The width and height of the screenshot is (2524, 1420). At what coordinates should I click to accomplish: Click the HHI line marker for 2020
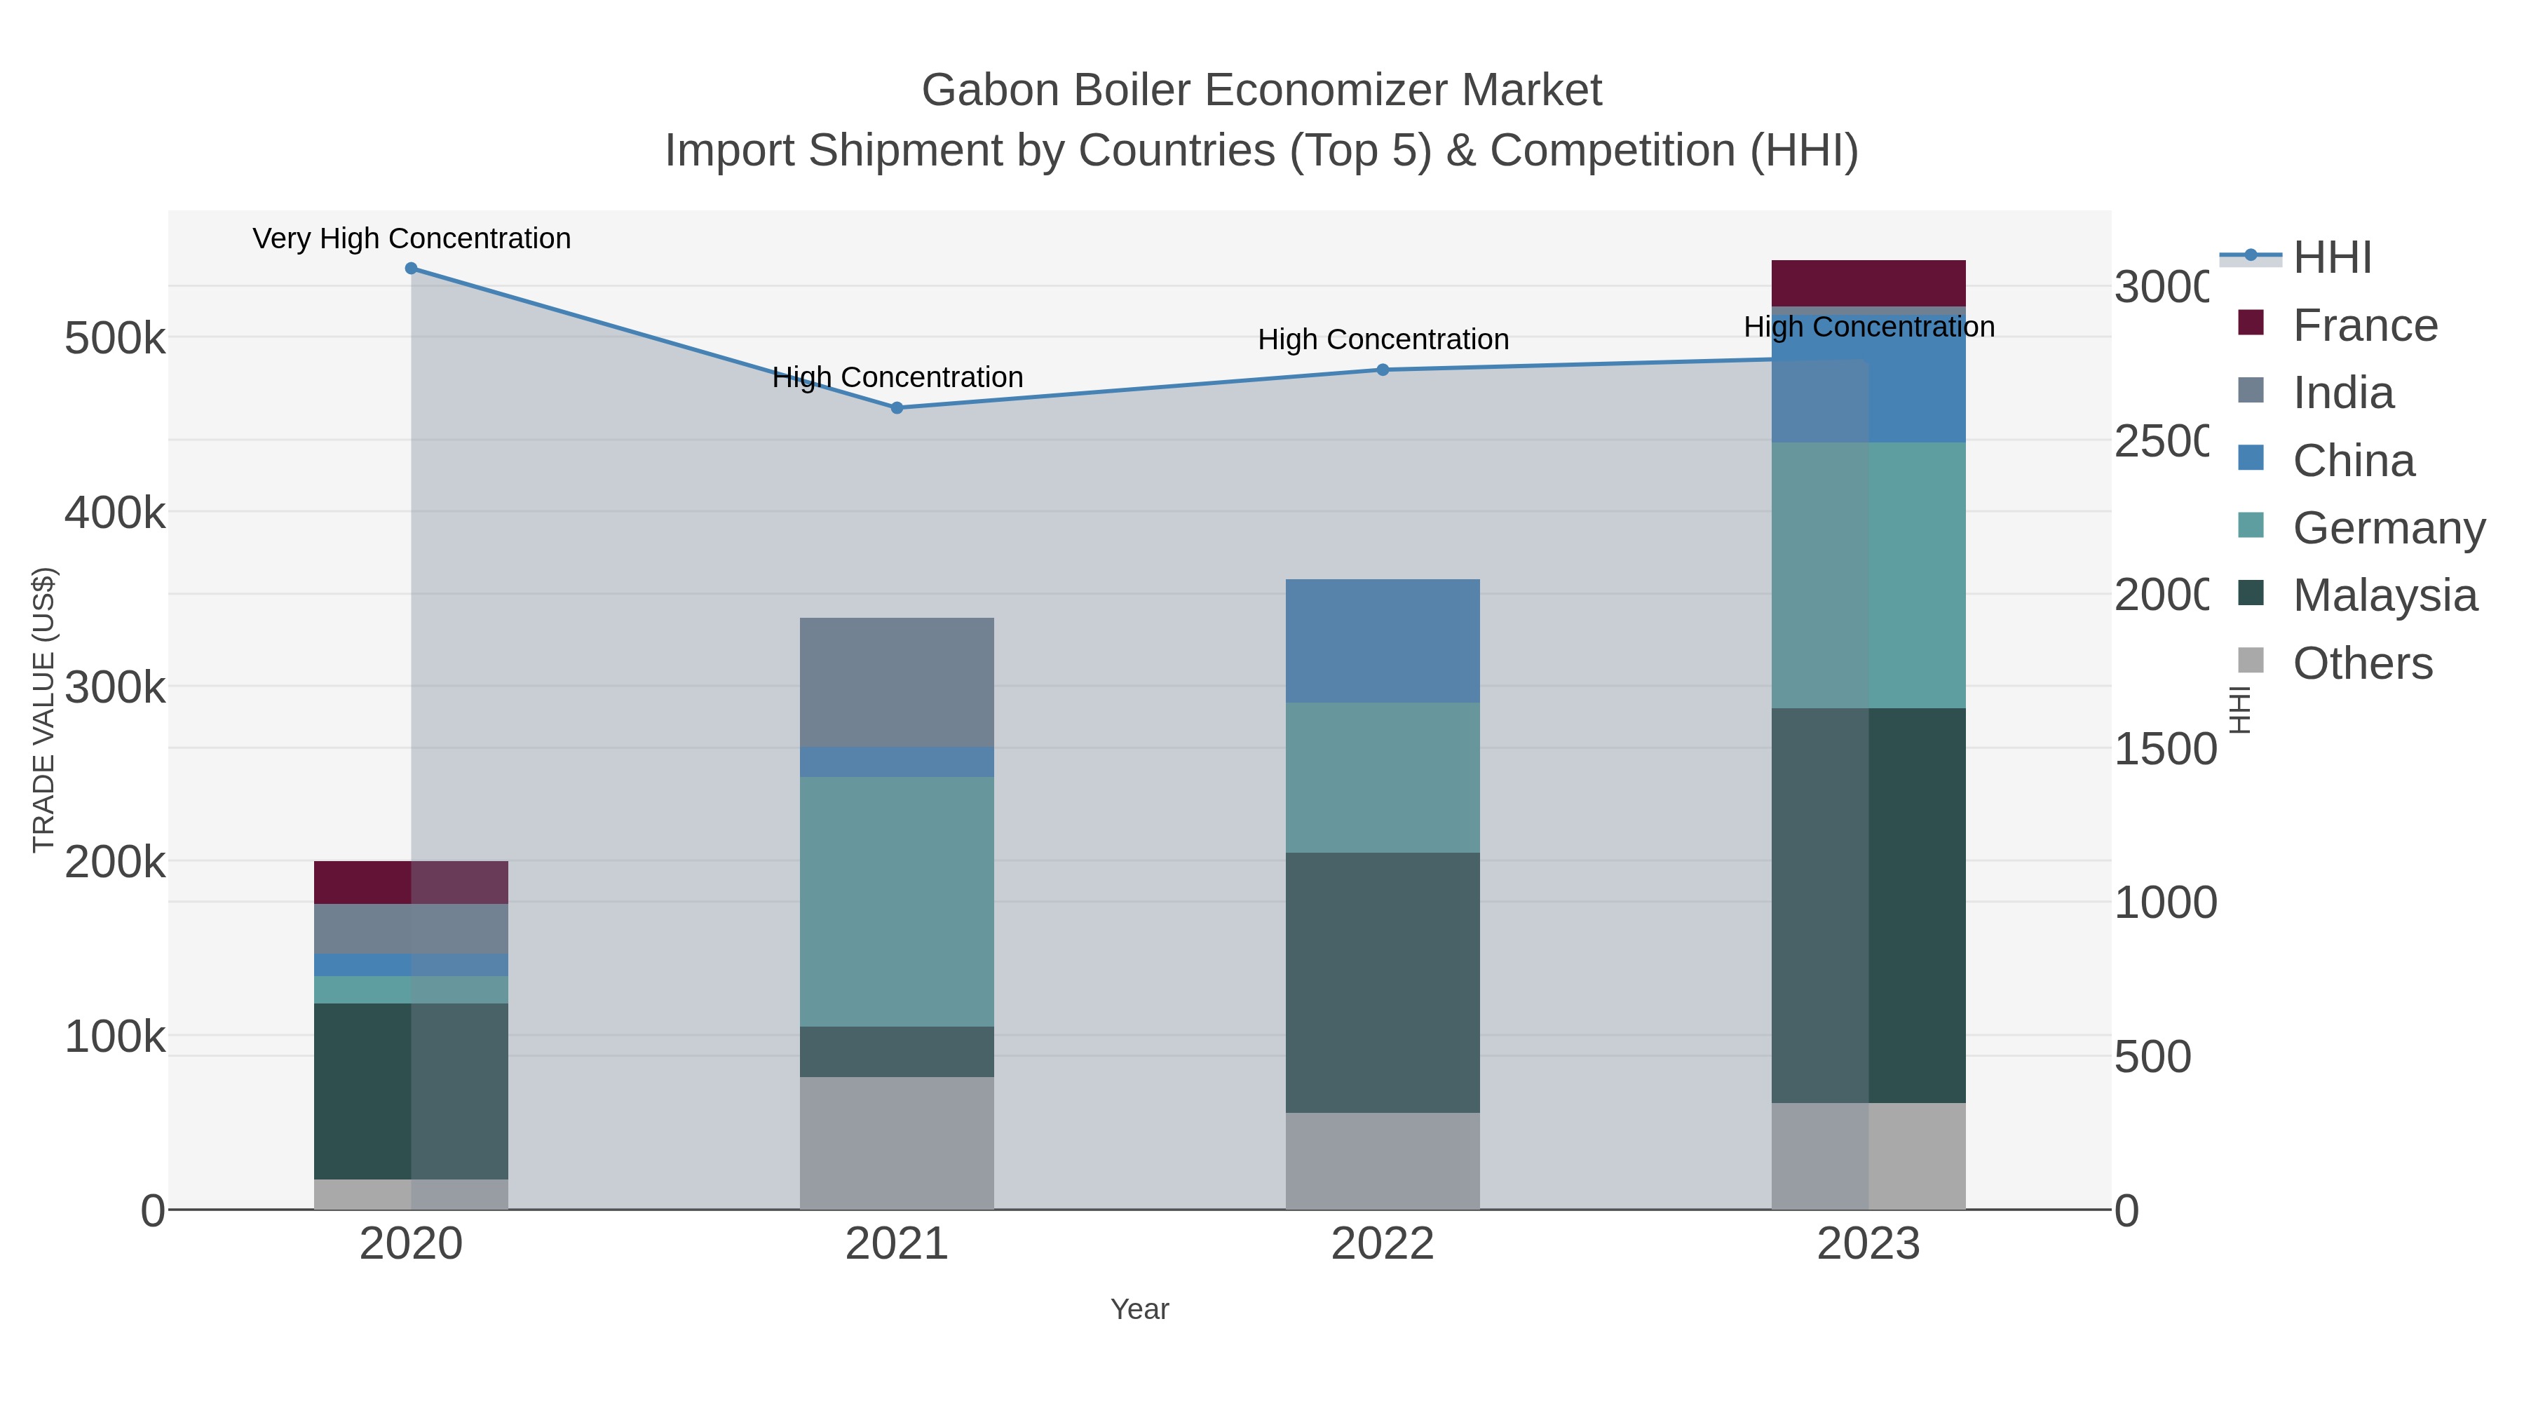(x=411, y=269)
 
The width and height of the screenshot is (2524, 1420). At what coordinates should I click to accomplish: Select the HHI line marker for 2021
(x=897, y=407)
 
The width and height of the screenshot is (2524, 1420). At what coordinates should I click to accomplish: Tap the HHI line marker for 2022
(x=1383, y=370)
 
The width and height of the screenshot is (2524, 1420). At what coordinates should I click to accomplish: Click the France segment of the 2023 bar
(x=1868, y=283)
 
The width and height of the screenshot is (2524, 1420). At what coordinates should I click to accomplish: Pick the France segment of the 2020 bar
(x=411, y=882)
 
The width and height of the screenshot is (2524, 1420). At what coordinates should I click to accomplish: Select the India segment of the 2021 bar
(x=897, y=682)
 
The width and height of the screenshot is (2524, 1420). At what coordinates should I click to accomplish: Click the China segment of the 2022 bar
(x=1383, y=640)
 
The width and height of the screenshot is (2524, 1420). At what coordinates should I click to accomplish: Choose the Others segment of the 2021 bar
(x=897, y=1143)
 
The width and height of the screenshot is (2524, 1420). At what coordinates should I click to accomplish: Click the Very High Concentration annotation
(x=412, y=239)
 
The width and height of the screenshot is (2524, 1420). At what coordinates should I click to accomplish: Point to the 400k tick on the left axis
(x=115, y=513)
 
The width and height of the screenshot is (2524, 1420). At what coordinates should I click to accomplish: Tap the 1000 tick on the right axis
(x=2164, y=902)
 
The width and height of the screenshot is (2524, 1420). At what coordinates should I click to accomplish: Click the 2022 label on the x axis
(x=1383, y=1243)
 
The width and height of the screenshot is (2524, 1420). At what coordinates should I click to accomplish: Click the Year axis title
(x=1139, y=1309)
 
